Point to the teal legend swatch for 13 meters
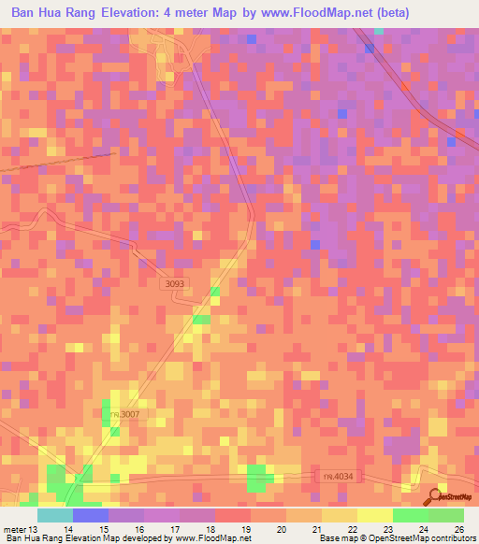pos(54,515)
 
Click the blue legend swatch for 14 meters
pos(90,515)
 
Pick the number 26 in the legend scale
pos(458,528)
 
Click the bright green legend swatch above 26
pos(445,515)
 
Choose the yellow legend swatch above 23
pos(374,515)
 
